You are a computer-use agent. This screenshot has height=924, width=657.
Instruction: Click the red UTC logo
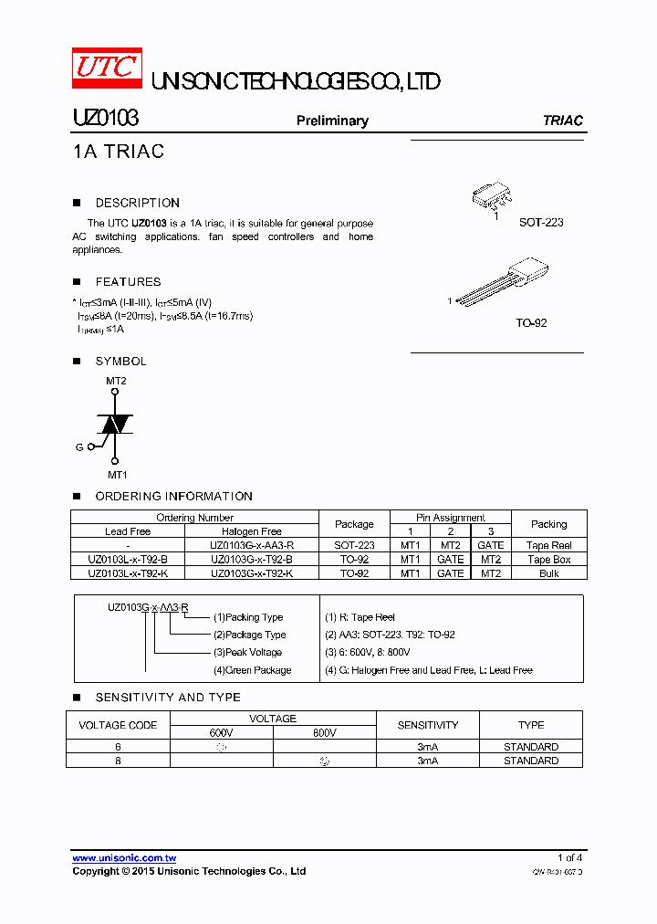[x=107, y=68]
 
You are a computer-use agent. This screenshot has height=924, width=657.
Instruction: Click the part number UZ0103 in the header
[x=105, y=119]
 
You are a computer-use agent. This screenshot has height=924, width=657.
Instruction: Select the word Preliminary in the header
[x=332, y=121]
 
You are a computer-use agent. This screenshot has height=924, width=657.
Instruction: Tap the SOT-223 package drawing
[x=492, y=195]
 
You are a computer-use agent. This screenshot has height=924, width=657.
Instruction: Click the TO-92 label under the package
[x=531, y=323]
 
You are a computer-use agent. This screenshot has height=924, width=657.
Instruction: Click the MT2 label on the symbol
[x=116, y=381]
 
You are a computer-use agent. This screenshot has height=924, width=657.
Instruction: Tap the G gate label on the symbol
[x=79, y=447]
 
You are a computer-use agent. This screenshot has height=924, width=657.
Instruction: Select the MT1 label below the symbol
[x=118, y=475]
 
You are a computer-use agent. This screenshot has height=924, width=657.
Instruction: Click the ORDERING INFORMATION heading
[x=173, y=496]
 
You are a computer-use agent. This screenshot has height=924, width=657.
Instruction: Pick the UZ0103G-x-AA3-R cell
[x=252, y=545]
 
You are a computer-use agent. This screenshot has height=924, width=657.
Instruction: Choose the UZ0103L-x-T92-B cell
[x=128, y=559]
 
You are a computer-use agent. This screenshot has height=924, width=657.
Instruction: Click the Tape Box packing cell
[x=548, y=559]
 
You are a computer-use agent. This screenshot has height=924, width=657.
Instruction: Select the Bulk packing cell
[x=548, y=573]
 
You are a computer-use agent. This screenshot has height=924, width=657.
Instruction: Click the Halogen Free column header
[x=252, y=530]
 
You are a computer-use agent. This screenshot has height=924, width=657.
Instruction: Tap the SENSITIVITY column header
[x=427, y=725]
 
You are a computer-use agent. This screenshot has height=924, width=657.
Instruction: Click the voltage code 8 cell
[x=118, y=760]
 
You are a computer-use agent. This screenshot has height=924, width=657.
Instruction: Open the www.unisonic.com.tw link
[x=124, y=858]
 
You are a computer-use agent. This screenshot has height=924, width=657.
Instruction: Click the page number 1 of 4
[x=569, y=857]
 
